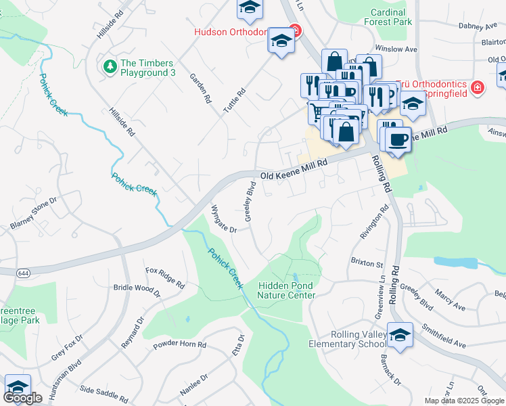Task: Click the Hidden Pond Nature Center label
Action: click(x=286, y=290)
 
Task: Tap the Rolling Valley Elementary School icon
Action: click(x=400, y=336)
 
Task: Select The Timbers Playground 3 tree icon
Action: click(x=109, y=66)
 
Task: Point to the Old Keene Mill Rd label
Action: click(x=296, y=168)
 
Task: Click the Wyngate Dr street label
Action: click(x=223, y=219)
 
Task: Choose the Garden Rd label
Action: click(x=201, y=88)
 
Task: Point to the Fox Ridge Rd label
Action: click(x=166, y=277)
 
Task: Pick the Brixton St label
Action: click(x=367, y=261)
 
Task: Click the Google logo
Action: click(x=22, y=398)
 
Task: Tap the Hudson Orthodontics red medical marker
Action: click(x=294, y=30)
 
